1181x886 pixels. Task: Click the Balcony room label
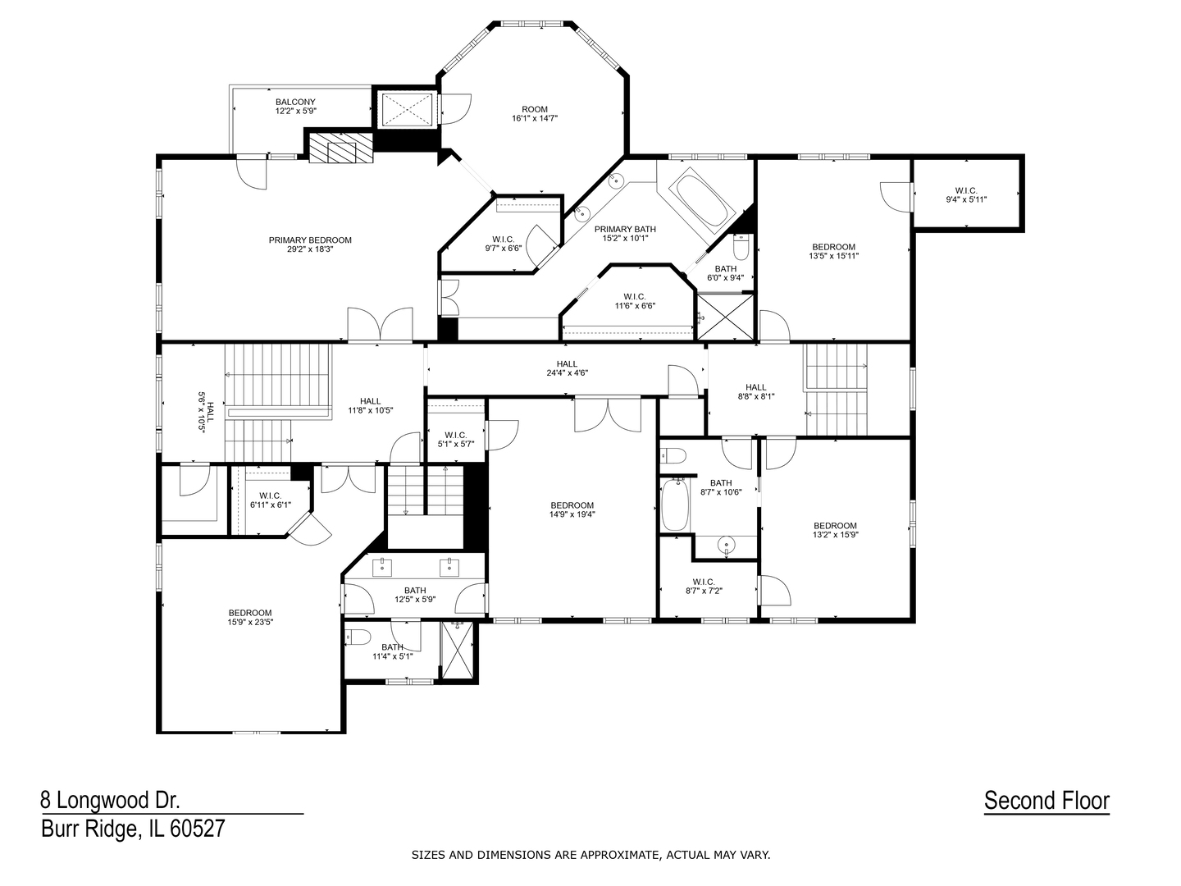295,106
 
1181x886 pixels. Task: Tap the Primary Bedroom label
310,244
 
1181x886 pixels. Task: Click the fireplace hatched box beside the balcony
340,151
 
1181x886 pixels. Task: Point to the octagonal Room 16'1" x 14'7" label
535,113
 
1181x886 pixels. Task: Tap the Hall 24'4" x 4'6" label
567,368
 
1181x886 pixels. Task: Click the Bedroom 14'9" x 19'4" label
572,509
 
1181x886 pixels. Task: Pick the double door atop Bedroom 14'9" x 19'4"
607,413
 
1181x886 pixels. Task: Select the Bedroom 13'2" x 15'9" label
835,530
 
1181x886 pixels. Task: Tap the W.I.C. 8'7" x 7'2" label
704,586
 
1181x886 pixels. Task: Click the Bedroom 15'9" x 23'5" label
250,617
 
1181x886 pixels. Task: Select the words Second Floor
1046,800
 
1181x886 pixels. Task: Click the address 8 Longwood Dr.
111,800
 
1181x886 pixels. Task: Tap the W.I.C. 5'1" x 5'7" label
456,439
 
